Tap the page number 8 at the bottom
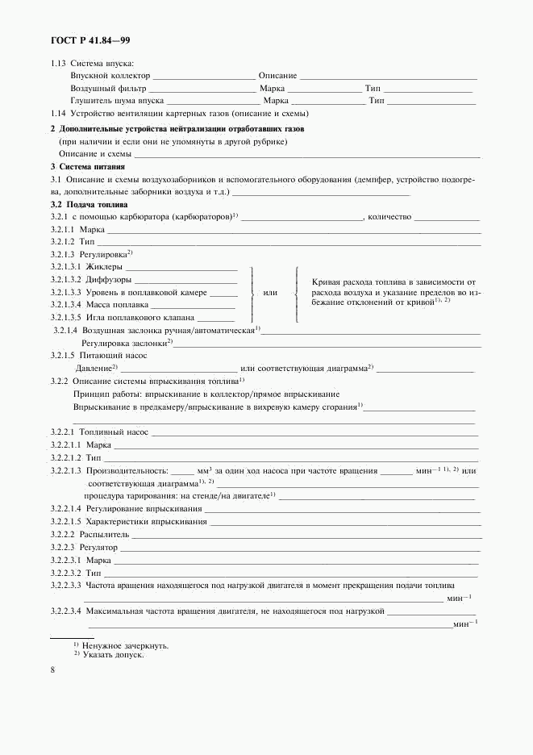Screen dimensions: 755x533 coord(52,670)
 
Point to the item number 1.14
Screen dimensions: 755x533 coord(57,113)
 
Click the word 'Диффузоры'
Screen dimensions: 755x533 coord(108,280)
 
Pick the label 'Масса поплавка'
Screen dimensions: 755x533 coord(116,306)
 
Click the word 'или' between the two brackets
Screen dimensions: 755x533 coord(270,293)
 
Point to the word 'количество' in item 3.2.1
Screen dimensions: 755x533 coord(389,217)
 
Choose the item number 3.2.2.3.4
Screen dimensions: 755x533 coord(65,611)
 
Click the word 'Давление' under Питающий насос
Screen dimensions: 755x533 coord(93,368)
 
